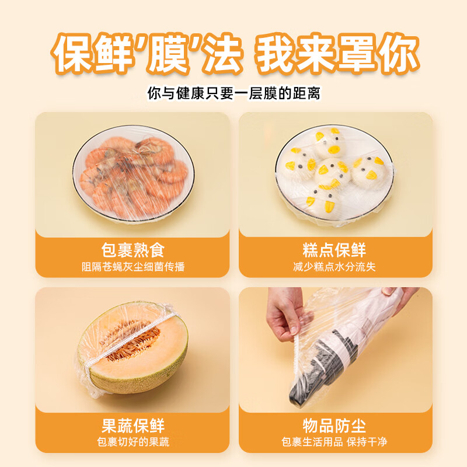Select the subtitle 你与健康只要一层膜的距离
(x=233, y=93)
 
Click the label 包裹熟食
(x=133, y=250)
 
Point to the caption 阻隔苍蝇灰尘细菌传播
(x=133, y=267)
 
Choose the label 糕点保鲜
(x=334, y=250)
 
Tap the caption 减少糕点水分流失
(x=334, y=267)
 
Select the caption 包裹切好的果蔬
(x=133, y=442)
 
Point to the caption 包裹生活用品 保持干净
(x=334, y=442)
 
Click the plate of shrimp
(x=133, y=175)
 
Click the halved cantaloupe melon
(x=133, y=350)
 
